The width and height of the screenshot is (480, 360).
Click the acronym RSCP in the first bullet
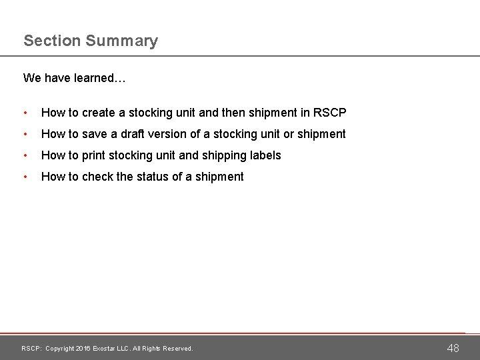[329, 113]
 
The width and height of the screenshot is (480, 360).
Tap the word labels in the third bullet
[265, 155]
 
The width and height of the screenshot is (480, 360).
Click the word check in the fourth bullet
[97, 177]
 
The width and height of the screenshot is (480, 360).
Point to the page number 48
[453, 347]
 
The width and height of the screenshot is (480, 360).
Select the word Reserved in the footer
[177, 349]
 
